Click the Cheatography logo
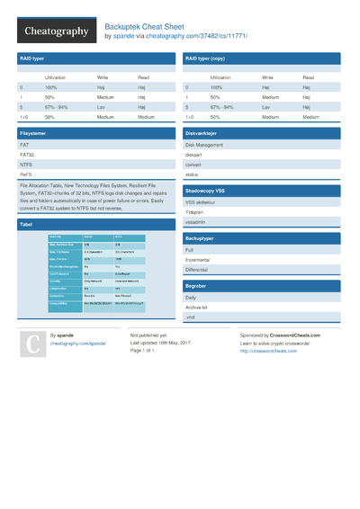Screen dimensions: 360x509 [x=56, y=31]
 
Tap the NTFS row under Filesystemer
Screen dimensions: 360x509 [x=27, y=165]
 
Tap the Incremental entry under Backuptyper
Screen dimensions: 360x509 [x=201, y=259]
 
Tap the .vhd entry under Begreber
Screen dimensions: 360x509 [x=191, y=317]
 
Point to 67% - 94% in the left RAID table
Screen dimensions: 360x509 [x=56, y=107]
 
